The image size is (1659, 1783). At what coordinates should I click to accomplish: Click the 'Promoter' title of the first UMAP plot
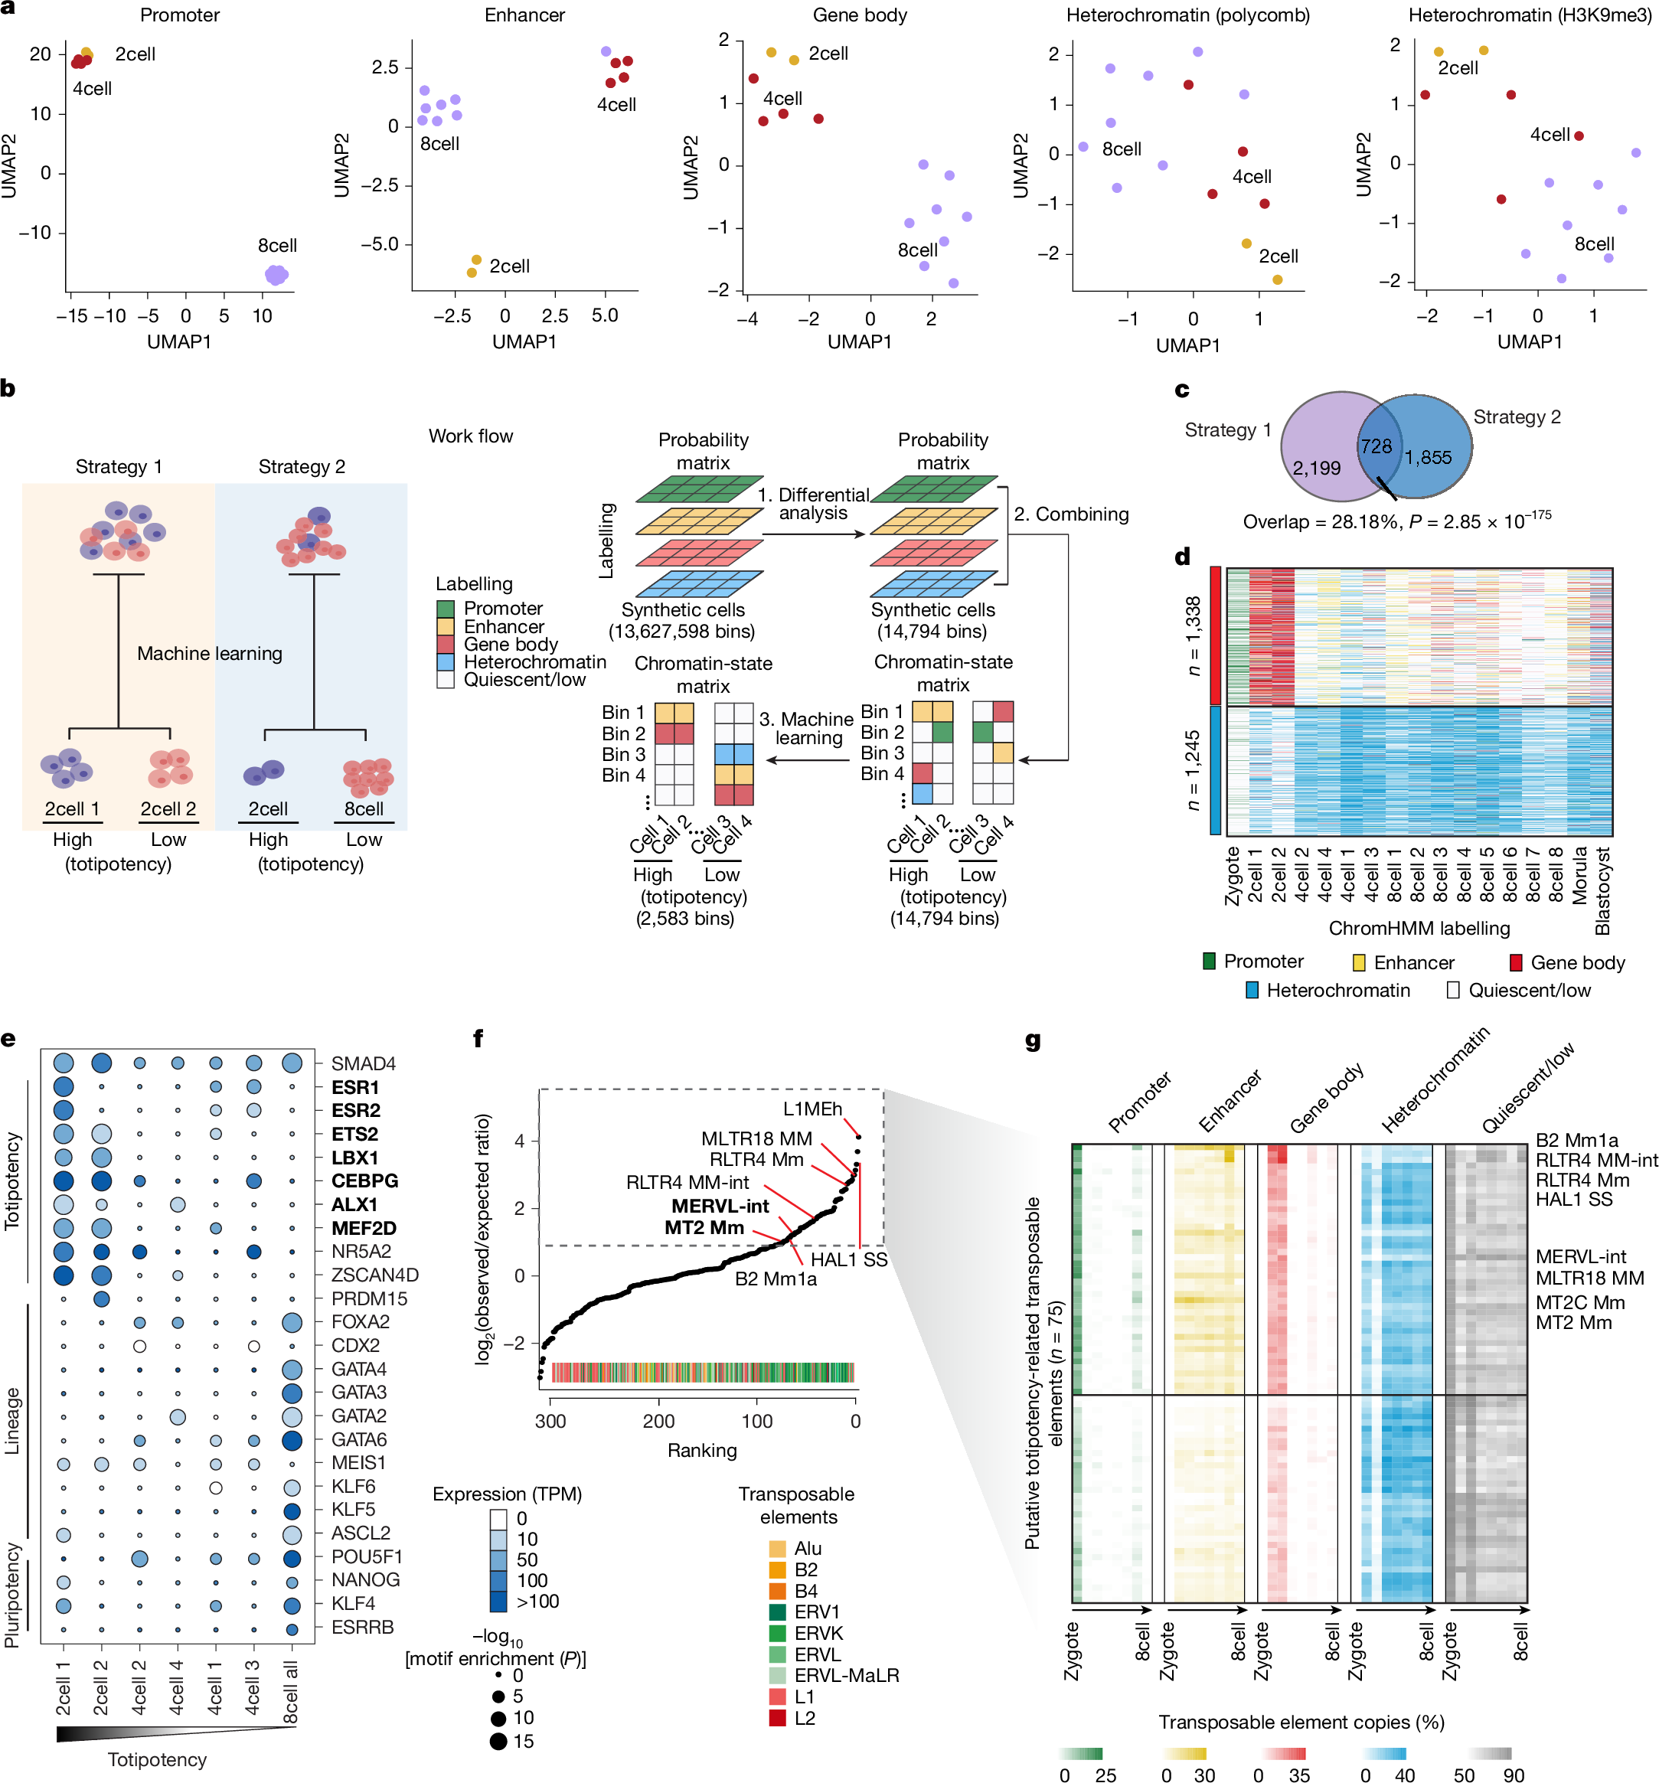pyautogui.click(x=179, y=15)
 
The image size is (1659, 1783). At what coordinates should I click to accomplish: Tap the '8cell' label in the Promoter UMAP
pyautogui.click(x=277, y=245)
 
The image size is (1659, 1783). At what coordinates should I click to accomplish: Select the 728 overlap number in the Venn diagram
pyautogui.click(x=1376, y=446)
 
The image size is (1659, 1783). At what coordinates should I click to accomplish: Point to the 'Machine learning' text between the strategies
pyautogui.click(x=209, y=653)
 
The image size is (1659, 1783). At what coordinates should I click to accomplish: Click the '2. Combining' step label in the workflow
pyautogui.click(x=1071, y=514)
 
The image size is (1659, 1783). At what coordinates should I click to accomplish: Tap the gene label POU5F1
pyautogui.click(x=367, y=1556)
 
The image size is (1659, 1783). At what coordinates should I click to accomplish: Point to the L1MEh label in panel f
pyautogui.click(x=812, y=1109)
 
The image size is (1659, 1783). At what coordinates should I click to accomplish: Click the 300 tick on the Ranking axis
pyautogui.click(x=550, y=1421)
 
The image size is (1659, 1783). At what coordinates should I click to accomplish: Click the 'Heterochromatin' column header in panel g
pyautogui.click(x=1434, y=1080)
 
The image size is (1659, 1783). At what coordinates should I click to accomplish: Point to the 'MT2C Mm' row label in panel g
pyautogui.click(x=1579, y=1302)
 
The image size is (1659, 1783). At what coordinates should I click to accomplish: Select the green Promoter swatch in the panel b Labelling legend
pyautogui.click(x=446, y=609)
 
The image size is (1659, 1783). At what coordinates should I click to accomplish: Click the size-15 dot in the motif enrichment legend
pyautogui.click(x=498, y=1742)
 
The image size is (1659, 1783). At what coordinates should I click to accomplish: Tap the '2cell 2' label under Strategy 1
pyautogui.click(x=168, y=809)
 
